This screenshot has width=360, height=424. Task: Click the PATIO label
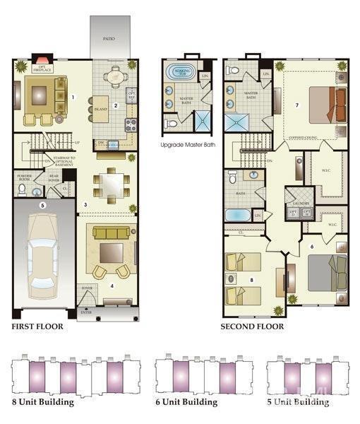109,40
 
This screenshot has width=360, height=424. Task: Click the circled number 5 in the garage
42,206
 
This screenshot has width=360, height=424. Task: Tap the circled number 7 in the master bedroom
297,105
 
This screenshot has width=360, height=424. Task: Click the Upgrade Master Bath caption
188,146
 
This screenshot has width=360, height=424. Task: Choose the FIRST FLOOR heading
37,326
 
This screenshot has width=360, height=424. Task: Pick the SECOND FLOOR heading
252,326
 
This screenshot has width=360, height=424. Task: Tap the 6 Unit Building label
186,402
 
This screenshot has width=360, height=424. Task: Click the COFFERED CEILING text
305,138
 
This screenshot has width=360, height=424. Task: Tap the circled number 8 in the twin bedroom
251,280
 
